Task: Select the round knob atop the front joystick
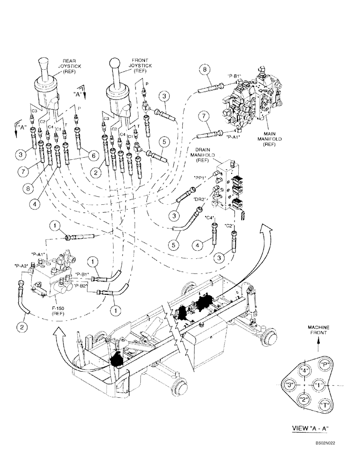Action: pyautogui.click(x=114, y=63)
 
